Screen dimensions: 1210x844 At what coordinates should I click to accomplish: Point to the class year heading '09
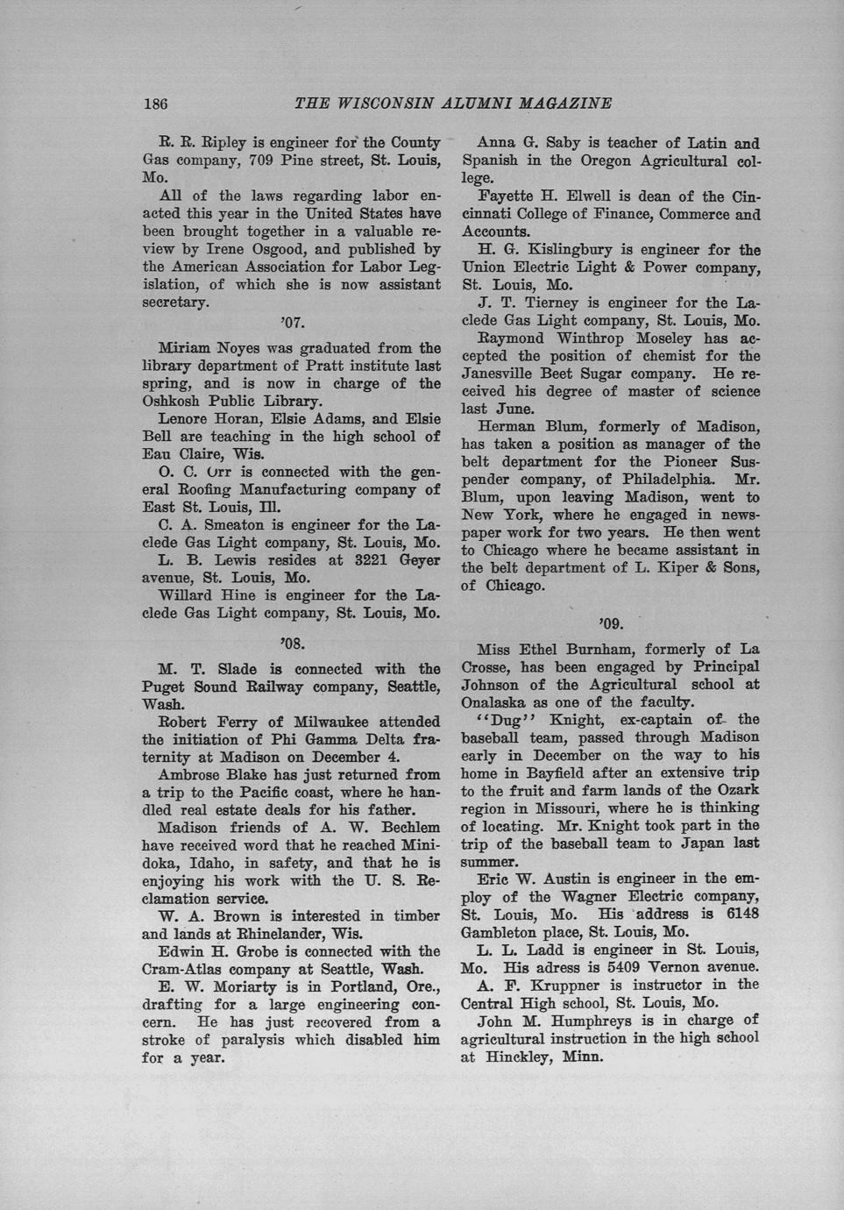(x=611, y=624)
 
